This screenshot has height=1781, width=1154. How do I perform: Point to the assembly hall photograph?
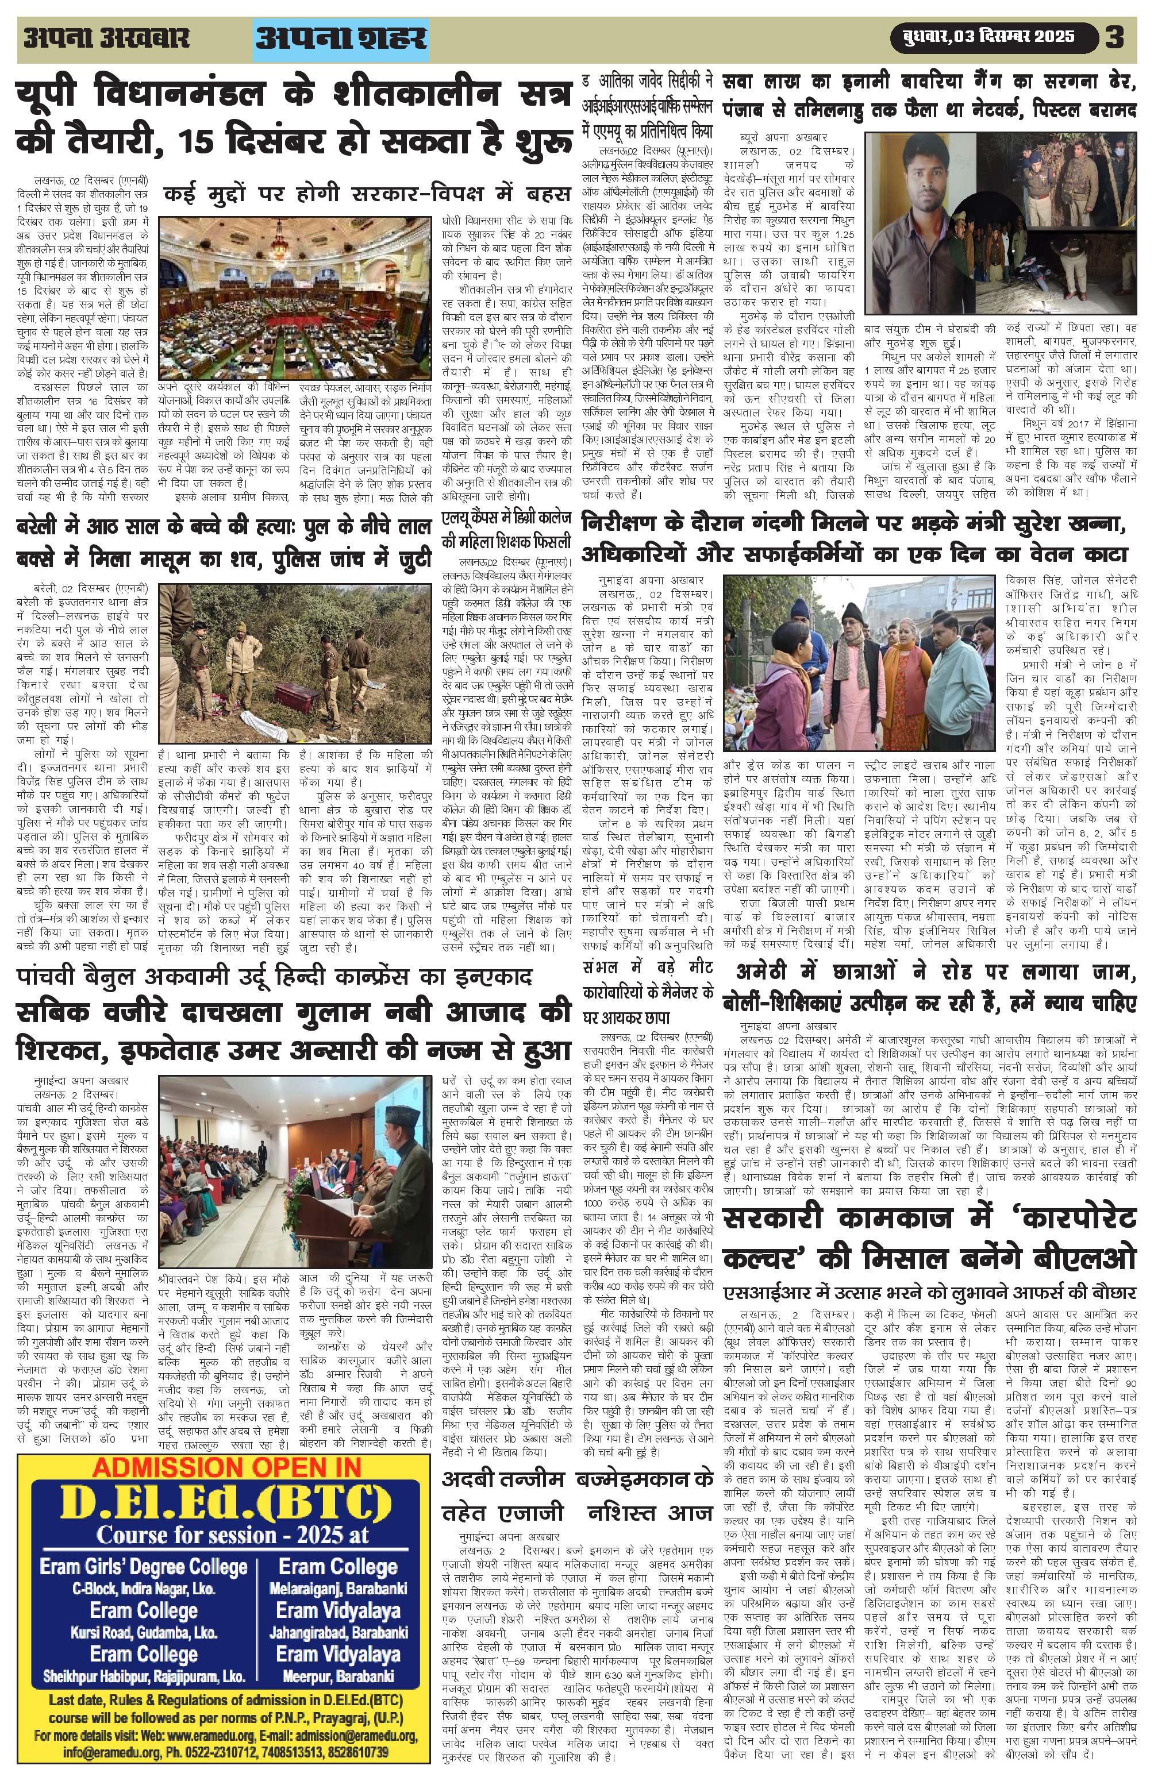(x=295, y=297)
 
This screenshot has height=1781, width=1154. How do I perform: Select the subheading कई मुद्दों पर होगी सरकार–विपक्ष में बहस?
(x=367, y=194)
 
